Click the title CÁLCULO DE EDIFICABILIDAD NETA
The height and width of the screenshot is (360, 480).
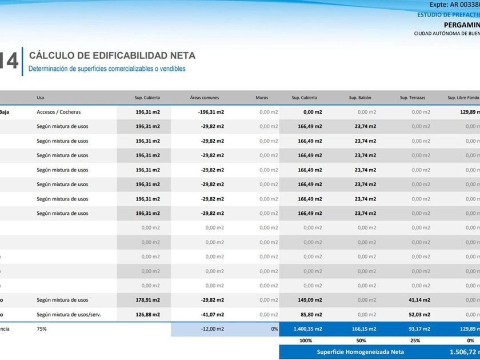click(112, 56)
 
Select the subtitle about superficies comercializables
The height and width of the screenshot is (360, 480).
click(107, 69)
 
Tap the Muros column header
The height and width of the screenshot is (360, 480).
click(262, 98)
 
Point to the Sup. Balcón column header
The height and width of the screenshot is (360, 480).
click(360, 98)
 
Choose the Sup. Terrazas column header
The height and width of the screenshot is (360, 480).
click(412, 98)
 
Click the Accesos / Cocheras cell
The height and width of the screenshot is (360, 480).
click(58, 112)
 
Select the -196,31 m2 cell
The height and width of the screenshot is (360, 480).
click(211, 112)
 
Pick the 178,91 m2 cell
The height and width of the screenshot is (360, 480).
click(147, 300)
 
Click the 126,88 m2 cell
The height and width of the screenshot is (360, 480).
click(147, 314)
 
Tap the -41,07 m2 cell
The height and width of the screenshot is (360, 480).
click(212, 314)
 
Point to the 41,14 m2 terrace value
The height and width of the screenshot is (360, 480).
click(419, 300)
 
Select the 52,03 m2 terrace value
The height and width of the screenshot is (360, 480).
click(419, 314)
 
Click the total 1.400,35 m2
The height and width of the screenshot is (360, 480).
click(308, 329)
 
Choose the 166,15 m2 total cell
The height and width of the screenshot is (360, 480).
click(363, 329)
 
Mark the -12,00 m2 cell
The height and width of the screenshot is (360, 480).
click(212, 329)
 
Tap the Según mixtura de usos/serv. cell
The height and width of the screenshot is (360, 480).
click(69, 314)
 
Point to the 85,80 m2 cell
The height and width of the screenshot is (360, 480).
click(310, 314)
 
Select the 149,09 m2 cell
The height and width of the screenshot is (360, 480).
click(310, 300)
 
